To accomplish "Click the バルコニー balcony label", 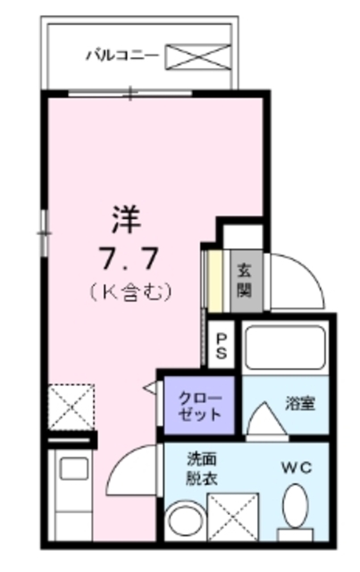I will (x=122, y=55).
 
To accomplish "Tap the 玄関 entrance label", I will (x=244, y=280).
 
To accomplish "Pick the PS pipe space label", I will (x=222, y=346).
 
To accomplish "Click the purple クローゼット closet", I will (x=199, y=407).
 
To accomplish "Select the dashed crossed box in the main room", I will (x=71, y=407).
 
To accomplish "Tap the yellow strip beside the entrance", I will (x=215, y=280).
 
